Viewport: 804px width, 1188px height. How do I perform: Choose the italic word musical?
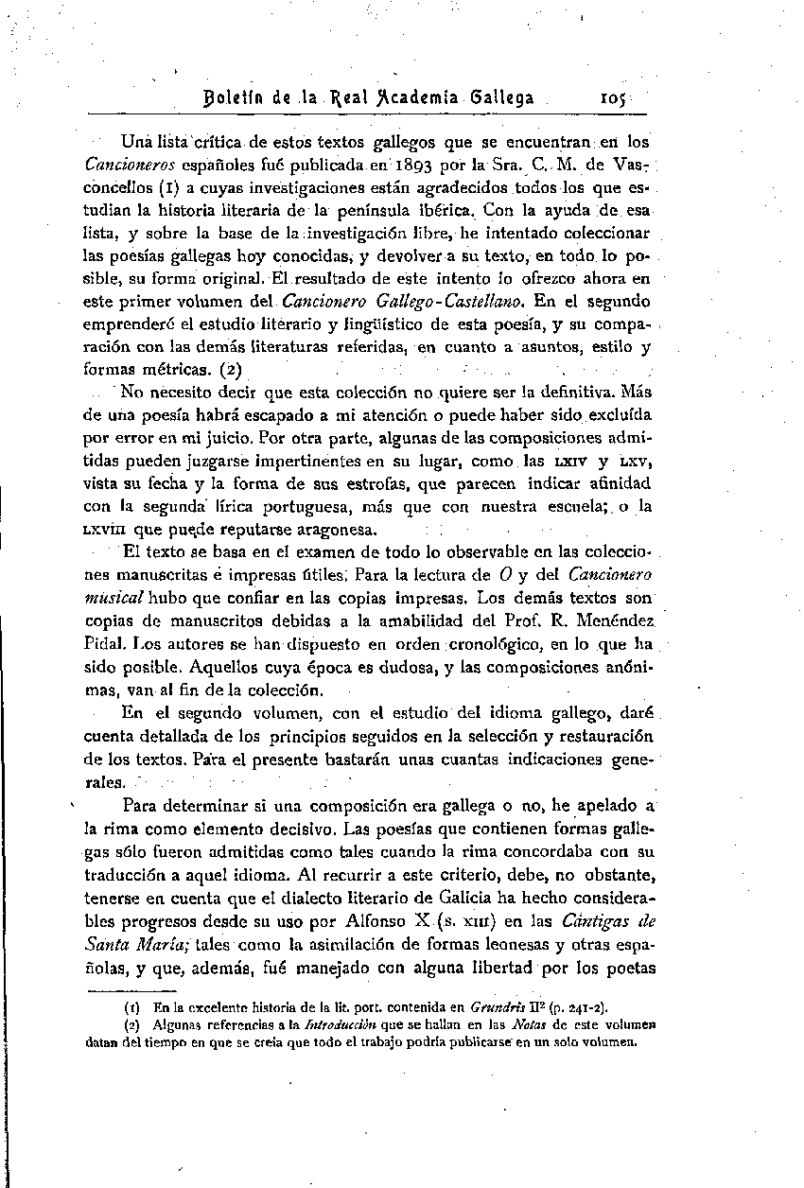(114, 597)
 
